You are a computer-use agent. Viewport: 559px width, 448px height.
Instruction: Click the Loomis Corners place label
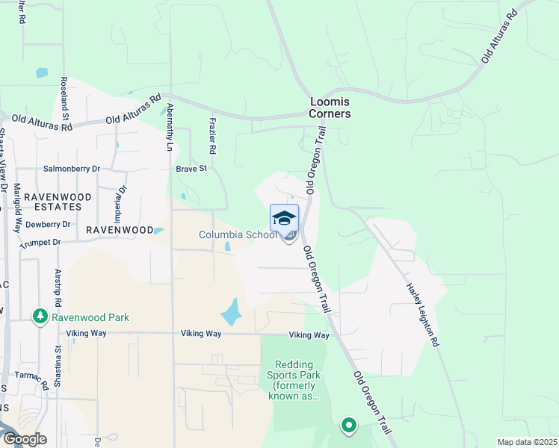[330, 108]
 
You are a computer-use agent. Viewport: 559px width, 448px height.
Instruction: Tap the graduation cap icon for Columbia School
[284, 218]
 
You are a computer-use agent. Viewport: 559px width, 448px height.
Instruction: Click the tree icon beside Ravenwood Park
[40, 317]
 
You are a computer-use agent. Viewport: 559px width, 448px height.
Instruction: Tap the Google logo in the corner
[24, 438]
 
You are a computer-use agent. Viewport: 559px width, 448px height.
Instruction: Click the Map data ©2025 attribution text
[526, 442]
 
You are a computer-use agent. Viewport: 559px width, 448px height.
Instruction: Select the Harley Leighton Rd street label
[421, 314]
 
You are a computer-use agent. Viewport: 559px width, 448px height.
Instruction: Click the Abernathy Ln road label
[170, 128]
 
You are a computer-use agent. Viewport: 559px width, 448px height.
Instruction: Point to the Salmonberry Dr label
[72, 169]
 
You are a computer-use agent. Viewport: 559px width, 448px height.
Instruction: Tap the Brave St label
[191, 169]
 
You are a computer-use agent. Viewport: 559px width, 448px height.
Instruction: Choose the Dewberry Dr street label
[47, 224]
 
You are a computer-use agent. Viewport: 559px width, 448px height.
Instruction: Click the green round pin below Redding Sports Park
[348, 426]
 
